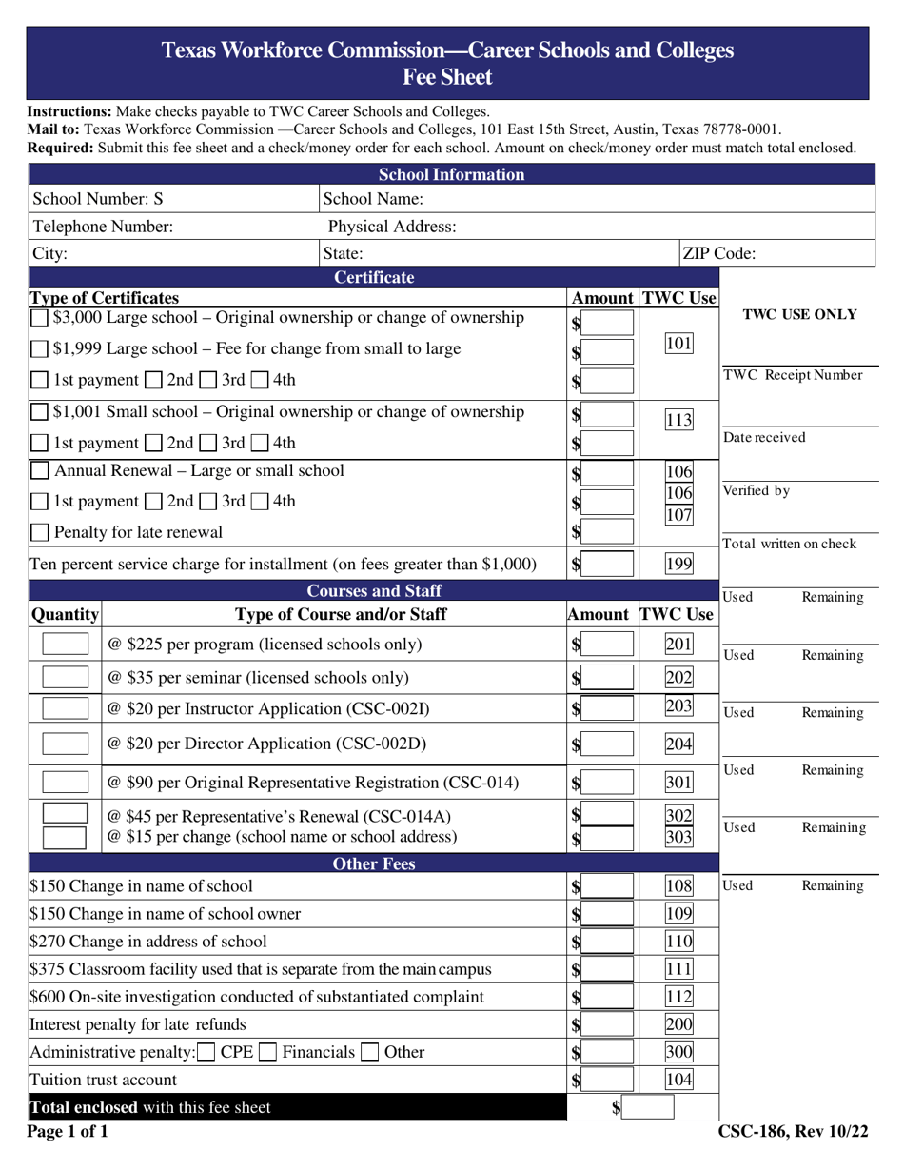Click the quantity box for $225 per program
[67, 645]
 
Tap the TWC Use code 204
[678, 744]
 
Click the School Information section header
[452, 174]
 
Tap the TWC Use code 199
[678, 564]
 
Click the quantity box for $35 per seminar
[67, 678]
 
